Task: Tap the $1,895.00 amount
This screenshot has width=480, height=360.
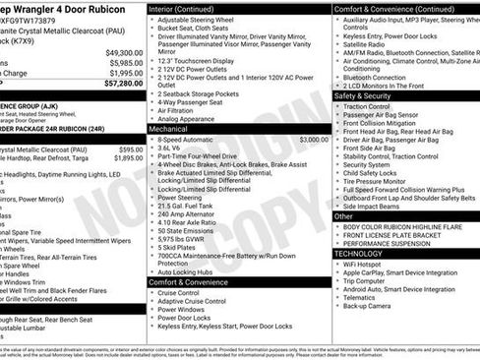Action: (x=127, y=156)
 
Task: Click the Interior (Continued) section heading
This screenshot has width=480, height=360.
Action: (x=188, y=8)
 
